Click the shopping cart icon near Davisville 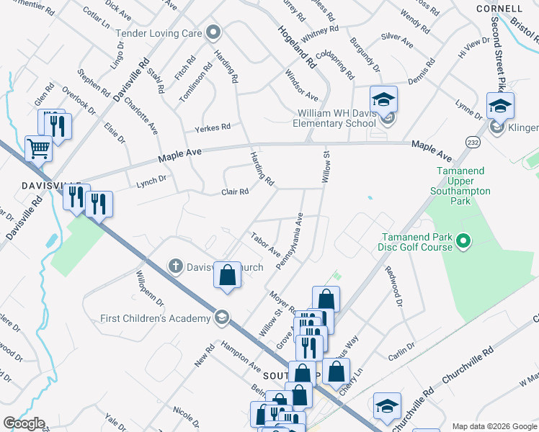pyautogui.click(x=39, y=149)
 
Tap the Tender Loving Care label pyautogui.click(x=161, y=32)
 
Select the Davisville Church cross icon pyautogui.click(x=175, y=266)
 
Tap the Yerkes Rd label pyautogui.click(x=213, y=127)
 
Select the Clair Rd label pyautogui.click(x=235, y=192)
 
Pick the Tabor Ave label pyautogui.click(x=265, y=244)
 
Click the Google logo pyautogui.click(x=24, y=423)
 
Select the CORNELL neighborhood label pyautogui.click(x=499, y=8)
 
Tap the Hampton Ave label pyautogui.click(x=241, y=355)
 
